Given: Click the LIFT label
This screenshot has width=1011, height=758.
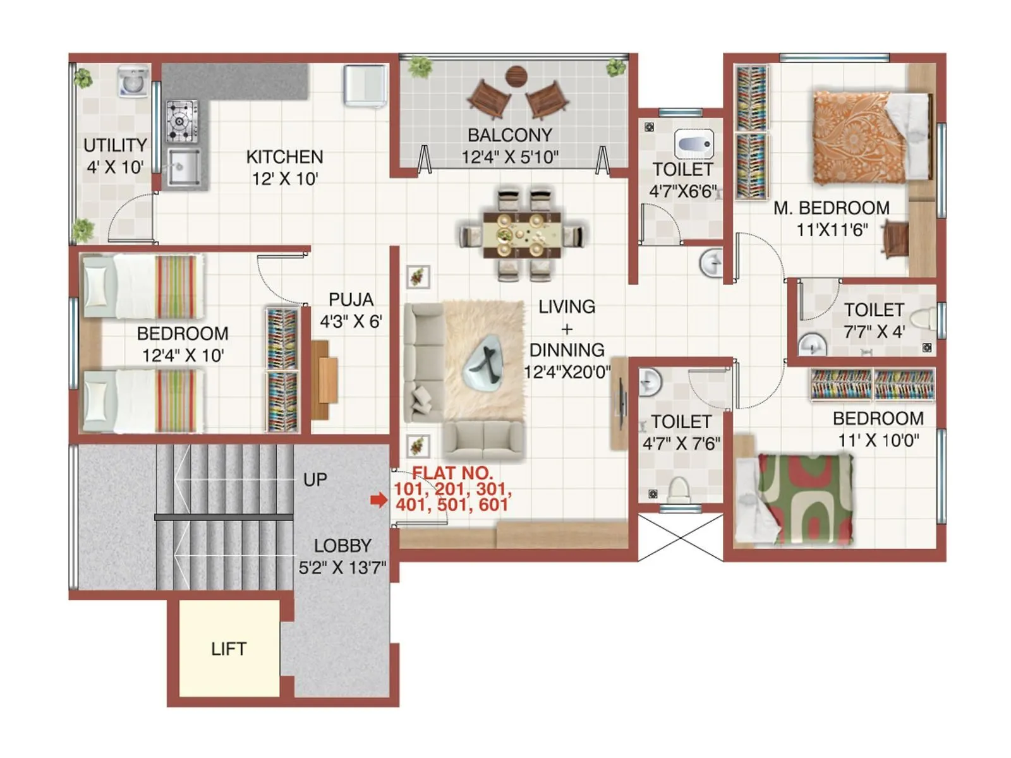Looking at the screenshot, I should click(228, 649).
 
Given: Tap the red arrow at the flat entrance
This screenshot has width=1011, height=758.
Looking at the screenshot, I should click(378, 500).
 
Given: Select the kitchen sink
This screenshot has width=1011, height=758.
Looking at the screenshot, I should click(183, 168).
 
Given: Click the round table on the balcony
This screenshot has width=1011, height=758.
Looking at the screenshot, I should click(517, 76).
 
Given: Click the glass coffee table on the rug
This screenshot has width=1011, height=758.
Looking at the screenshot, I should click(484, 368).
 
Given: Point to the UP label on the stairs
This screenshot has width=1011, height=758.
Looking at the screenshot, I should click(315, 479).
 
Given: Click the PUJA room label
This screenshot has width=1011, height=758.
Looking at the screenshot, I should click(351, 299).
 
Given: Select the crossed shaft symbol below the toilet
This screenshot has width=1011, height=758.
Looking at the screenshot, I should click(681, 537).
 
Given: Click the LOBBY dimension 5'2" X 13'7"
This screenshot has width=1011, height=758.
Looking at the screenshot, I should click(342, 567).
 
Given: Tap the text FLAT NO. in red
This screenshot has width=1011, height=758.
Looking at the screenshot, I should click(452, 472).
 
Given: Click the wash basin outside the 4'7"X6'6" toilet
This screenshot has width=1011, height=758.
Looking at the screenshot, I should click(712, 262).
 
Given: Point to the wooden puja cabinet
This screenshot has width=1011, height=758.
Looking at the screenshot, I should click(324, 380).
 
